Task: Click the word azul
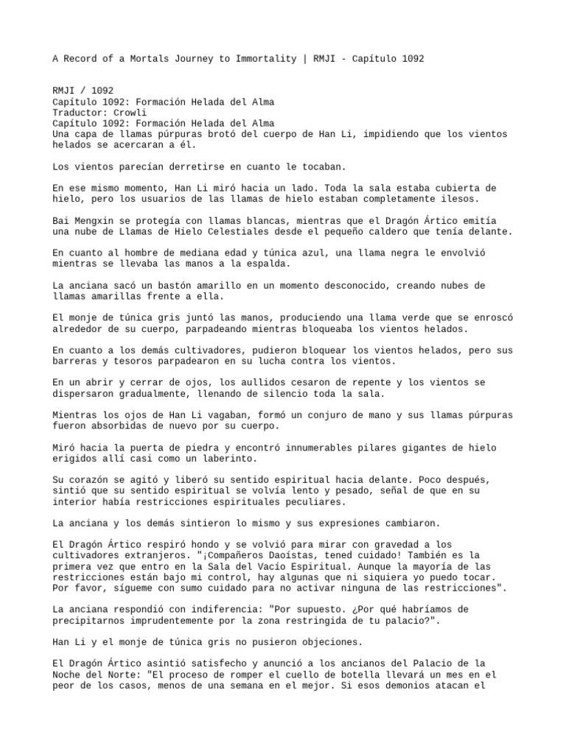[298, 253]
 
